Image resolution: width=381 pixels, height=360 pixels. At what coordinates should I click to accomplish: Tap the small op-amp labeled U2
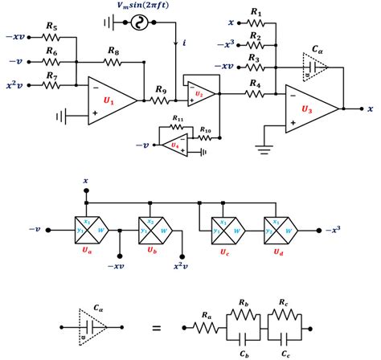198,93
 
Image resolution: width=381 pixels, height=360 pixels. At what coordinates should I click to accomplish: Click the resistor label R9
160,89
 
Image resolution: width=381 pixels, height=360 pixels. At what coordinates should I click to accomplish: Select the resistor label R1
256,12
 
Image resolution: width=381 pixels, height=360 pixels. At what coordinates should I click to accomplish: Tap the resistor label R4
256,83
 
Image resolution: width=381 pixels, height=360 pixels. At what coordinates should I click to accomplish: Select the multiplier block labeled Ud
277,229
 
